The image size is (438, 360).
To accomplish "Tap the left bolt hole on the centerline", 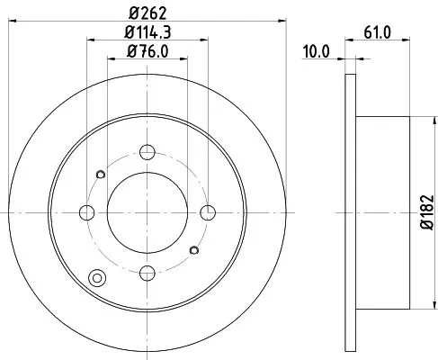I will coord(87,212).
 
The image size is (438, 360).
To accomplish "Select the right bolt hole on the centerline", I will coord(208,212).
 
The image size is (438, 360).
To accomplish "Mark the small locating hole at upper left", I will coord(101,174).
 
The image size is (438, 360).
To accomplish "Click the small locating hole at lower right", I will coord(194,251).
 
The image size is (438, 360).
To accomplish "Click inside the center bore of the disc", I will coord(147,212).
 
